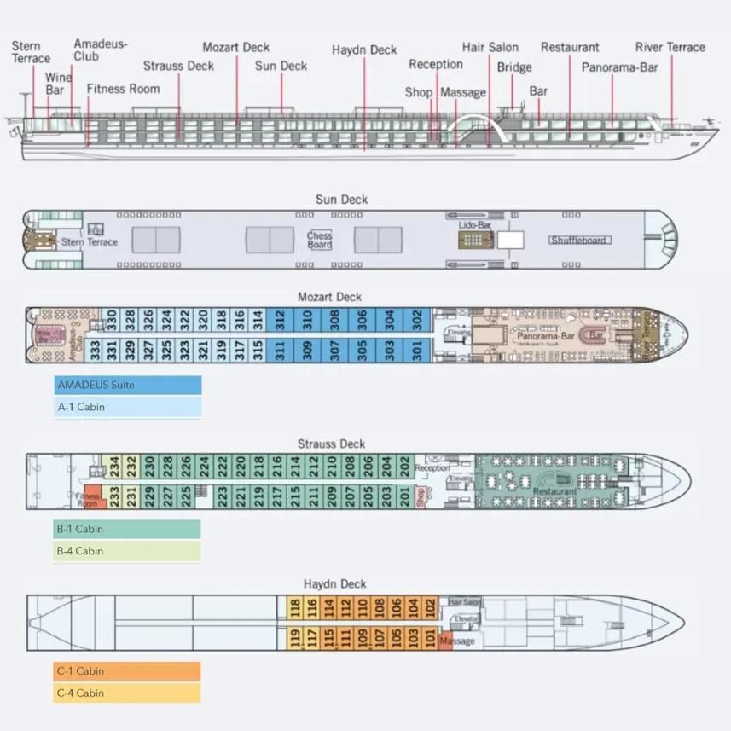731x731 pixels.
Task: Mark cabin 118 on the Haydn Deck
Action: pos(295,608)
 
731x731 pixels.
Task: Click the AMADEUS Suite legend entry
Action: pos(128,386)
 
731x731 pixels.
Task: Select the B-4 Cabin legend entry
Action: pos(128,552)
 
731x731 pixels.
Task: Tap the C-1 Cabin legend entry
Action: pos(128,671)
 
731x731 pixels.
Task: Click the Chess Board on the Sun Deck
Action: pos(320,241)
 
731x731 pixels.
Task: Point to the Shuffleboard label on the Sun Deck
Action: pos(578,241)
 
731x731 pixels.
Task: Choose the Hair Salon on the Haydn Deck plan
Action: pos(465,602)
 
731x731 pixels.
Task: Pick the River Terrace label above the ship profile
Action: pos(670,48)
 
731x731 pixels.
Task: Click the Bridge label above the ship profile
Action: pos(514,67)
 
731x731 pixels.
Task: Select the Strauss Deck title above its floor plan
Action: pos(331,444)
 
